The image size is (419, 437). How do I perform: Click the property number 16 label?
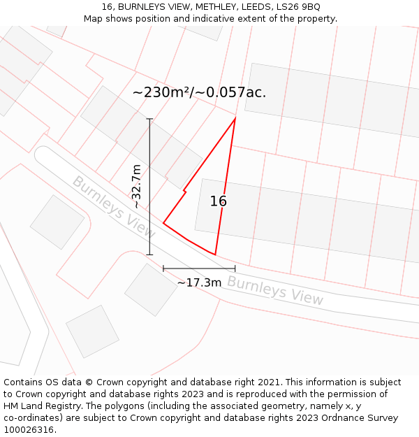coord(219,201)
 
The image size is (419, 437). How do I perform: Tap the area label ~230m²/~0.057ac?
coord(199,92)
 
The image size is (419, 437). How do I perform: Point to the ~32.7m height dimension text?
coord(137,187)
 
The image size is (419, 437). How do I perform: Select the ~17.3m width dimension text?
coord(199,282)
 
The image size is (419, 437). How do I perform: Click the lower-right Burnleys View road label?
coord(275,291)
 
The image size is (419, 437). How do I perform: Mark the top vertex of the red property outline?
coord(235,118)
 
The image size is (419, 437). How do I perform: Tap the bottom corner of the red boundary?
coord(215,255)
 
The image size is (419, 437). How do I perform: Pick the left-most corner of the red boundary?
coord(163,223)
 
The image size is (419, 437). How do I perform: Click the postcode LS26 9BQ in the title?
coord(297,7)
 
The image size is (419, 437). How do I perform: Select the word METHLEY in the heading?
coord(217,7)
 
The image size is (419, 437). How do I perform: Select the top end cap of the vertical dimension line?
coord(149,119)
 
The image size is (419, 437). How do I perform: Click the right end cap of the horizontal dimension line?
coord(235,268)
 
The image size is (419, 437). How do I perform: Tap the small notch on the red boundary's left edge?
coord(184,190)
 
